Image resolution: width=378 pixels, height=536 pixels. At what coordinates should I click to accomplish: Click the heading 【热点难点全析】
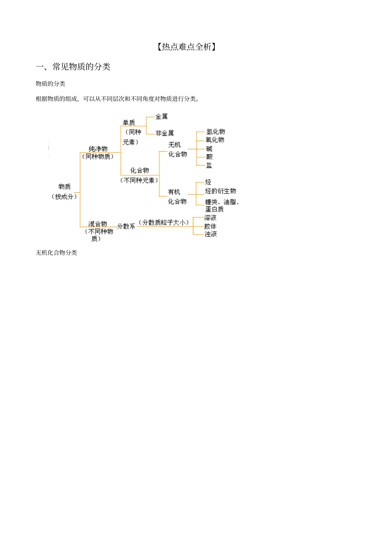click(x=187, y=47)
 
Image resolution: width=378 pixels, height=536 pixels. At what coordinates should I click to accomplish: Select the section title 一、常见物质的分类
click(x=73, y=67)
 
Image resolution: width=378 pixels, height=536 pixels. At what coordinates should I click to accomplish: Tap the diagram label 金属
click(x=161, y=117)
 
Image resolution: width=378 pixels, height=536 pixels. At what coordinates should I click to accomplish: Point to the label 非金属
click(x=164, y=133)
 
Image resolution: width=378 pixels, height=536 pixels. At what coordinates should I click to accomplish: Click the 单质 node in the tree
click(x=129, y=123)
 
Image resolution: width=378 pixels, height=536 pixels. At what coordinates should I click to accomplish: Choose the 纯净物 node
click(x=98, y=149)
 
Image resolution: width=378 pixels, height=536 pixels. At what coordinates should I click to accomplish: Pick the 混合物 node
click(x=97, y=224)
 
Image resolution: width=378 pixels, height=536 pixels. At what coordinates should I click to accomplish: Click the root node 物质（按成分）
click(x=64, y=192)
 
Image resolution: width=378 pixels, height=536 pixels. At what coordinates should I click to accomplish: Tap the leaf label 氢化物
click(x=215, y=132)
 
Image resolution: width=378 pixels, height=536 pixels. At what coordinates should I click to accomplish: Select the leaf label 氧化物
click(x=215, y=140)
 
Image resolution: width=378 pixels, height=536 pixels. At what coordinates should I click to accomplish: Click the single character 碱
click(x=209, y=149)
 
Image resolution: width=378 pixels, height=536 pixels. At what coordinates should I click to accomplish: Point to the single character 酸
click(x=209, y=157)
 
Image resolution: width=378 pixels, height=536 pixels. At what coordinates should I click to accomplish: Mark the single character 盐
click(x=209, y=165)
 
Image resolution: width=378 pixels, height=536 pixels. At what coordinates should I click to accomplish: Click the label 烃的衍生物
click(x=220, y=191)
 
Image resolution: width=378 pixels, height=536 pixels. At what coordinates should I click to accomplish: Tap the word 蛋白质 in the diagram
click(x=214, y=209)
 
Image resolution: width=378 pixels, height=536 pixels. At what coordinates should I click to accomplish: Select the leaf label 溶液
click(x=210, y=218)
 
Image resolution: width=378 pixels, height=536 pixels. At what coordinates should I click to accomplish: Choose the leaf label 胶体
click(x=210, y=226)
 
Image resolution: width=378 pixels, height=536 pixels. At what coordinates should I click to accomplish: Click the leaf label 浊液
click(x=210, y=234)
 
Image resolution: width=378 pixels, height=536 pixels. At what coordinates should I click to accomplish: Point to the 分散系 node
click(x=126, y=226)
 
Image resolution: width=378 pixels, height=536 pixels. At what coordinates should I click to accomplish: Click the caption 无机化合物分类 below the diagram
click(x=57, y=253)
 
